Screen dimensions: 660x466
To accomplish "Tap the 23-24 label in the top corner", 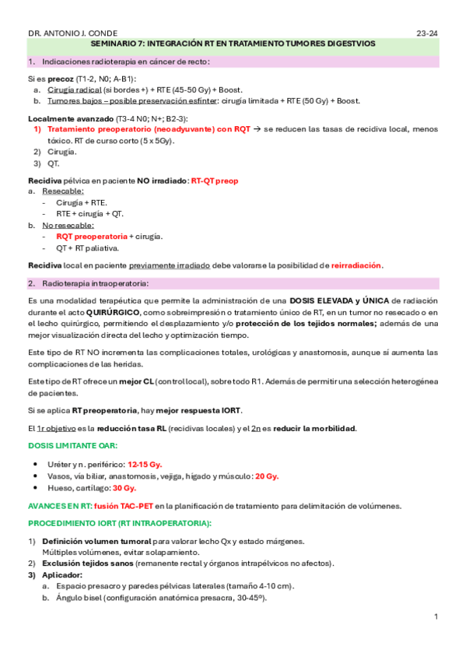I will pyautogui.click(x=428, y=33).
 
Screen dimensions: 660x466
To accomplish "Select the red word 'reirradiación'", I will pyautogui.click(x=356, y=265).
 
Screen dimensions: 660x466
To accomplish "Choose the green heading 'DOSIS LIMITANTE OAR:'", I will pyautogui.click(x=72, y=447).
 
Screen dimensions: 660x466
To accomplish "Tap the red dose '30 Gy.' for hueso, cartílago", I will pyautogui.click(x=124, y=488).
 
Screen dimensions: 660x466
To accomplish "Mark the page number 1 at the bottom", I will pyautogui.click(x=436, y=617).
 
